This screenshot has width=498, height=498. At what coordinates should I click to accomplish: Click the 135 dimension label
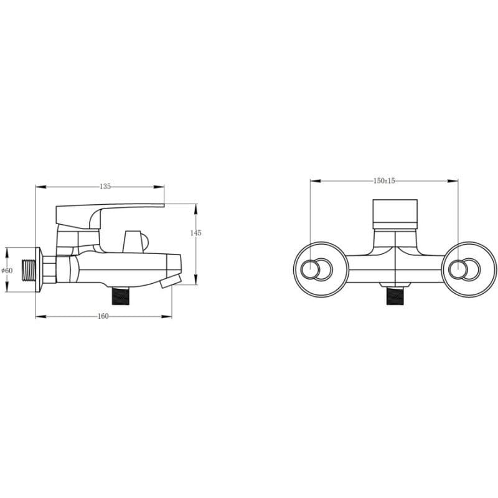click(105, 186)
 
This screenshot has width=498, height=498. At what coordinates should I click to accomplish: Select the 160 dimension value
click(103, 316)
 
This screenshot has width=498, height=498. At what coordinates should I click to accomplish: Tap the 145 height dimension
click(195, 233)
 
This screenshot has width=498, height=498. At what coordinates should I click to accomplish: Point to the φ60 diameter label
click(7, 270)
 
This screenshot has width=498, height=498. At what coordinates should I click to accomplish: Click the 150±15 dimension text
click(384, 181)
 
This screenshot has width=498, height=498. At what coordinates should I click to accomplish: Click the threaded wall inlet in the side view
click(29, 270)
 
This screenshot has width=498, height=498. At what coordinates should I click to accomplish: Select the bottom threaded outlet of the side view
click(121, 295)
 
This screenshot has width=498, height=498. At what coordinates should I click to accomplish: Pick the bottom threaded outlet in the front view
click(395, 296)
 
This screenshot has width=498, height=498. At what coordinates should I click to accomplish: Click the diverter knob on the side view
click(135, 242)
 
